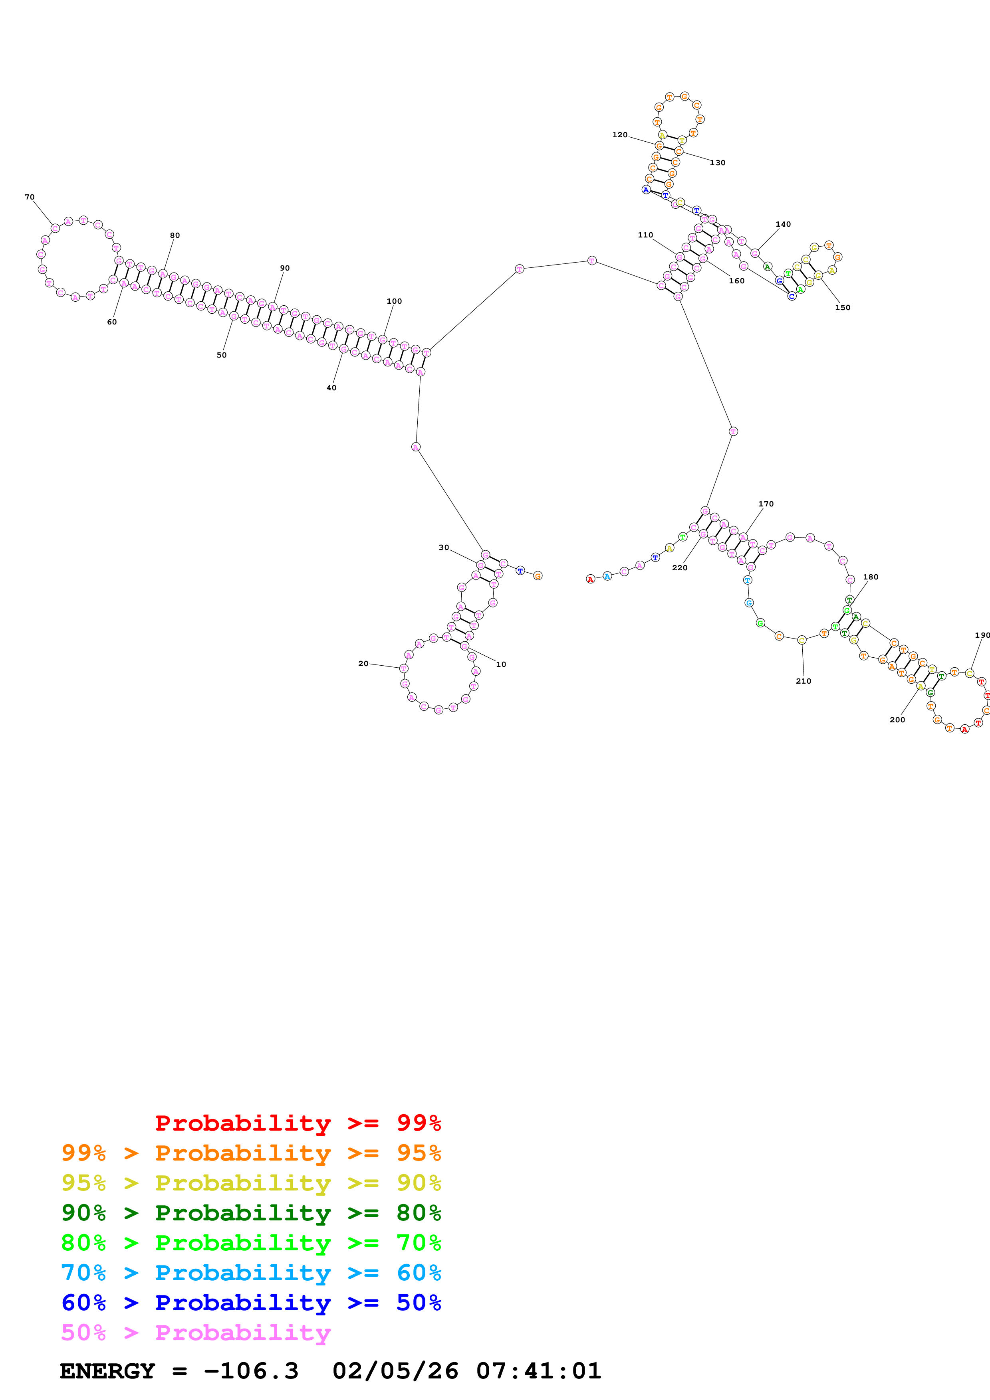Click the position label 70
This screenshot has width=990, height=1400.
(29, 197)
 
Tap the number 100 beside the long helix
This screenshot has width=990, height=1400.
(394, 301)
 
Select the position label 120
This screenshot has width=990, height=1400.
(620, 135)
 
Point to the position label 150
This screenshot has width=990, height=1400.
(842, 307)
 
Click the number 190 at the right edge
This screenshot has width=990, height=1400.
(982, 635)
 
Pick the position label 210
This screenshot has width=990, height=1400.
(804, 681)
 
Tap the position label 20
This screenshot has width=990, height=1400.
(363, 663)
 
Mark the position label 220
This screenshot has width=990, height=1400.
(680, 568)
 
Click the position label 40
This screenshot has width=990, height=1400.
(331, 388)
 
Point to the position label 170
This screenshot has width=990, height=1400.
(766, 504)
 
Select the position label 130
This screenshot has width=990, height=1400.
(717, 163)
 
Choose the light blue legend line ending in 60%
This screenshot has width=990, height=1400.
(251, 1273)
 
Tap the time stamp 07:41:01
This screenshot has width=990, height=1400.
(539, 1371)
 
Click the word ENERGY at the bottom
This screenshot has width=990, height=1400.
(107, 1371)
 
